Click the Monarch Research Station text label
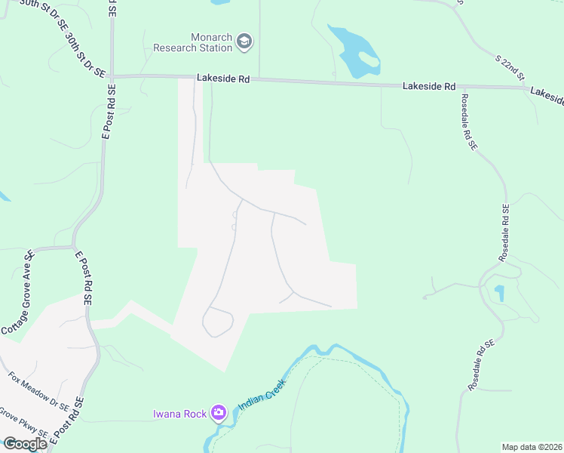tap(192, 42)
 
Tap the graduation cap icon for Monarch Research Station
tap(244, 42)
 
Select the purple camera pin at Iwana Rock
tap(219, 412)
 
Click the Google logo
tap(24, 444)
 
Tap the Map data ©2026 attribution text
tap(532, 447)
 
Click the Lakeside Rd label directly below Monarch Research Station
tap(222, 77)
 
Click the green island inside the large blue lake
tap(367, 57)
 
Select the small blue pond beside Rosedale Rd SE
tap(498, 293)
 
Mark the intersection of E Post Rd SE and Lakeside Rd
tap(111, 76)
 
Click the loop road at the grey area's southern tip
tap(218, 322)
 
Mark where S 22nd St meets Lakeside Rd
tap(527, 88)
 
